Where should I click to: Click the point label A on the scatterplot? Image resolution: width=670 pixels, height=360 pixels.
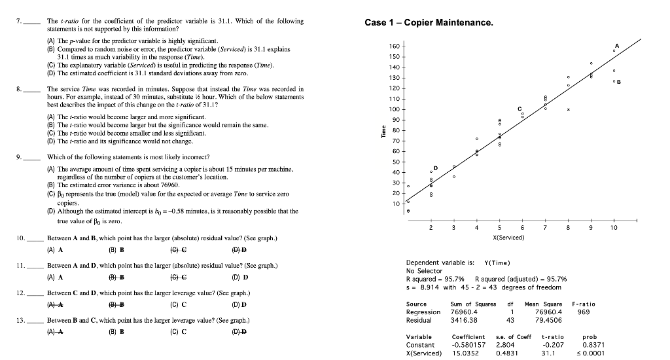tap(615, 44)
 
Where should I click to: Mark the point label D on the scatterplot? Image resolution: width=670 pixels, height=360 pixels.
tap(435, 168)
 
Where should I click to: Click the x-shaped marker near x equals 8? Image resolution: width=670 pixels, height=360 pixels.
tap(569, 109)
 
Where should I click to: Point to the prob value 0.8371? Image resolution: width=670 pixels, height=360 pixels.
tap(590, 344)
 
